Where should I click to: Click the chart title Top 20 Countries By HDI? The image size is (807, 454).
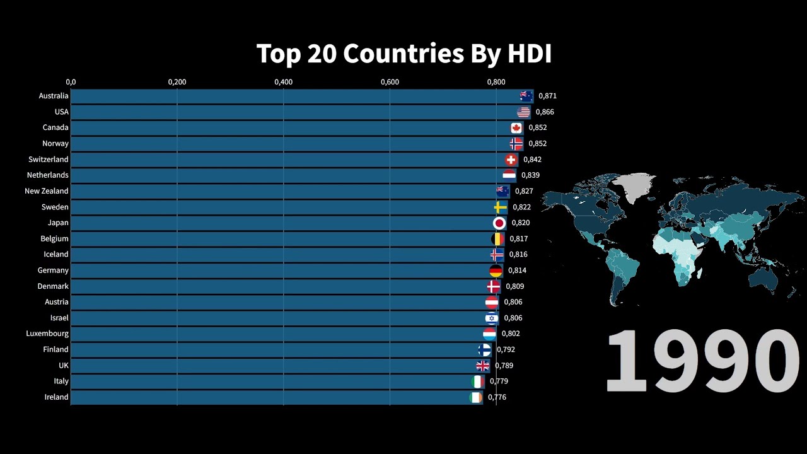pos(403,54)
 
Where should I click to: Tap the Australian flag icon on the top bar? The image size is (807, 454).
pos(526,96)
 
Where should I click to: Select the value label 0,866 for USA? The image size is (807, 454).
pos(545,112)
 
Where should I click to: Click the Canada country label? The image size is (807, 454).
pos(55,127)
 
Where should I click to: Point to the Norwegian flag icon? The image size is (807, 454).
pos(516,144)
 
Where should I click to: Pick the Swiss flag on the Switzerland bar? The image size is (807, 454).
pos(511,160)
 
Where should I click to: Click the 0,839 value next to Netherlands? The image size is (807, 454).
pos(530,175)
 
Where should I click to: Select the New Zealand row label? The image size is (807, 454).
pos(47,191)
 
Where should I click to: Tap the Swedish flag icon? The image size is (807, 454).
pos(501,207)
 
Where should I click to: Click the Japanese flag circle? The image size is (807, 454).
pos(499,223)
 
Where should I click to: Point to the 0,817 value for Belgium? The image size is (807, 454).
pos(518,239)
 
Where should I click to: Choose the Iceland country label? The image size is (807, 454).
pos(55,254)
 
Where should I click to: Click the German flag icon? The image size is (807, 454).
pos(496,271)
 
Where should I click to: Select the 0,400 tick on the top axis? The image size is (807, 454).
pos(283,82)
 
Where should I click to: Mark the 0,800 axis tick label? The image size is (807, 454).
pos(496,82)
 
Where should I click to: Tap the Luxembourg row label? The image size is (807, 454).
pos(47,334)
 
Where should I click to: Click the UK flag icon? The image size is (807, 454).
pos(483,365)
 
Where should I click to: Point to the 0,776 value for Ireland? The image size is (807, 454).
pos(497,397)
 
